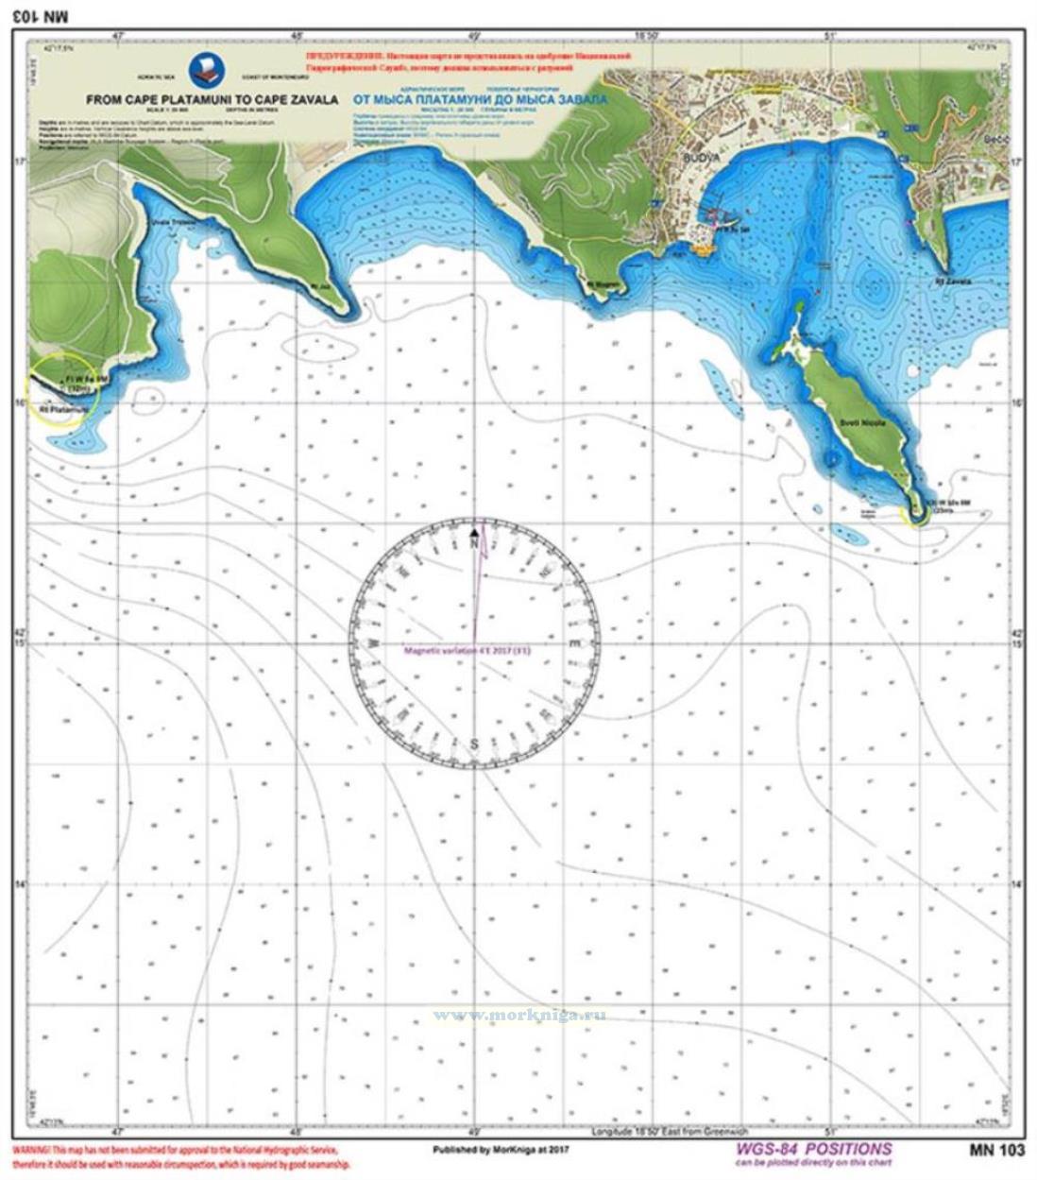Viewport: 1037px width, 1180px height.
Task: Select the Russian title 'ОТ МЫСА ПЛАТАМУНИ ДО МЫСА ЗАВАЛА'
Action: tap(480, 98)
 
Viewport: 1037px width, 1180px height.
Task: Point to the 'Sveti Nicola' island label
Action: tap(863, 424)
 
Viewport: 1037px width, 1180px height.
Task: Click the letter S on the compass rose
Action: tap(474, 744)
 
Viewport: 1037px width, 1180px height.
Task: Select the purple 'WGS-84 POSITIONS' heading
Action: tap(811, 1149)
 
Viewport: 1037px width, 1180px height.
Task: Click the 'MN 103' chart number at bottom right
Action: tap(995, 1150)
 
